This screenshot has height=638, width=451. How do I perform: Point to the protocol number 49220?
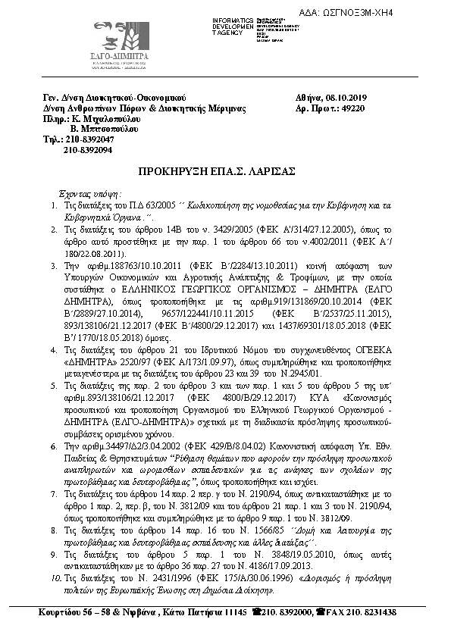pyautogui.click(x=352, y=108)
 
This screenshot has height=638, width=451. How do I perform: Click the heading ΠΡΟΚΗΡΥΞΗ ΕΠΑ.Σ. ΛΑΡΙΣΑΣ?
pyautogui.click(x=225, y=171)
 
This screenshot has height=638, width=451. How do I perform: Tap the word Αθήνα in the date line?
pyautogui.click(x=308, y=98)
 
